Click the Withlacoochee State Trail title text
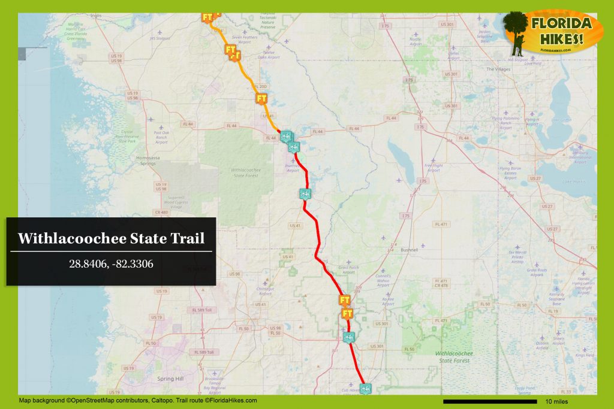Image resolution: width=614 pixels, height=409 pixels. click(x=111, y=238)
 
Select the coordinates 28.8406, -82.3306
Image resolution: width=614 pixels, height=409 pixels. click(x=111, y=263)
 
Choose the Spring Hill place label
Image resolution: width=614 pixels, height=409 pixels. click(x=170, y=379)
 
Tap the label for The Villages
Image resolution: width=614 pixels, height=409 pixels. click(x=497, y=69)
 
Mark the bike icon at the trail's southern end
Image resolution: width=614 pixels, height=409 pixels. click(x=365, y=389)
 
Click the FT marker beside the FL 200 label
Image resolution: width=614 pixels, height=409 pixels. click(x=261, y=98)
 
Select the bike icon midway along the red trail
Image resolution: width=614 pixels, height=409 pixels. click(x=305, y=193)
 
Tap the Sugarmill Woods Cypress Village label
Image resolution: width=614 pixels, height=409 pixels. click(x=161, y=201)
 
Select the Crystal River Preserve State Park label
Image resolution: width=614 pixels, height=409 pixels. click(x=127, y=137)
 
